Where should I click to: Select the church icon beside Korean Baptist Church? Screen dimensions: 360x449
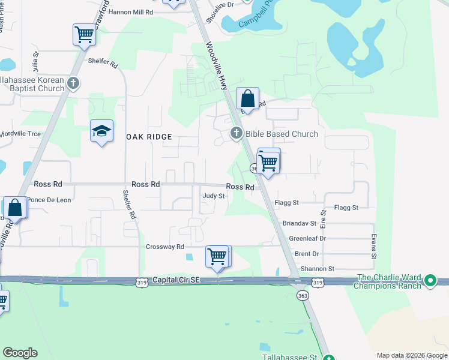73,83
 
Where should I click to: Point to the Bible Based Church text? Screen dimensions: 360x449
282,134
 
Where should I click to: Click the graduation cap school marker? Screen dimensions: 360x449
101,131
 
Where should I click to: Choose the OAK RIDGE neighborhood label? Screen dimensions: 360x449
149,137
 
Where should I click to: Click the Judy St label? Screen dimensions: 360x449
214,196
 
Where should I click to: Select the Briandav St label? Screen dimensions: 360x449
303,223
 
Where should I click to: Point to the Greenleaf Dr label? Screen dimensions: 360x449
307,238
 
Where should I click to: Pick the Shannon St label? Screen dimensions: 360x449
319,269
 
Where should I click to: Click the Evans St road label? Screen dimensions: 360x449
373,246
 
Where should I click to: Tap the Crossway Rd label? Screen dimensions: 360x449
165,247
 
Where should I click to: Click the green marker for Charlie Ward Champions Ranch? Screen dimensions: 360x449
430,280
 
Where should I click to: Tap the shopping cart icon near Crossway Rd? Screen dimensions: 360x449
217,256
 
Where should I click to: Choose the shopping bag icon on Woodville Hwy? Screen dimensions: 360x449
247,98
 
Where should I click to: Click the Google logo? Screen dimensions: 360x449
20,353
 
